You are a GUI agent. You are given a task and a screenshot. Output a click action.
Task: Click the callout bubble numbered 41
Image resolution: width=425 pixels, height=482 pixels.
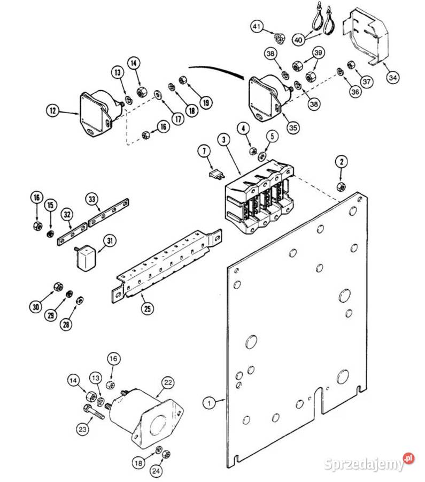257,27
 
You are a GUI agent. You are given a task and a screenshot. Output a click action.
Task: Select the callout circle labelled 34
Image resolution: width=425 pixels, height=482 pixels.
393,78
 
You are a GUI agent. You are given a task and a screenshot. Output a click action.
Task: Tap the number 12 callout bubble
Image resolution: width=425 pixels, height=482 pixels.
53,110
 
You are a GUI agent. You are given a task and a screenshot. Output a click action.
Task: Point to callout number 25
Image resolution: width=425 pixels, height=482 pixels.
148,308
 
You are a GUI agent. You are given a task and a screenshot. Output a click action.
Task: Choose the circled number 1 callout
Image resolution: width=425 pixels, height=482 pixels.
210,403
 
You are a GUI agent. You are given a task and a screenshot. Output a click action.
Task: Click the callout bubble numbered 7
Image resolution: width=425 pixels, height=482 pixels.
204,151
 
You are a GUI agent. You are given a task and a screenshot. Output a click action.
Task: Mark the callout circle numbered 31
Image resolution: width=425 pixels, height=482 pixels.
110,241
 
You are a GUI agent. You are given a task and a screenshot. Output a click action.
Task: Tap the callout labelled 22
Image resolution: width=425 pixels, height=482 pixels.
168,382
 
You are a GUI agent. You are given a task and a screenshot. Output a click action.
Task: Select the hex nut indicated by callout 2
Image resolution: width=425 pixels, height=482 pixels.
341,186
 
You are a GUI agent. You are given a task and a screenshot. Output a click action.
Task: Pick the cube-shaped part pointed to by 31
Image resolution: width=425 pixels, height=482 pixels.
85,258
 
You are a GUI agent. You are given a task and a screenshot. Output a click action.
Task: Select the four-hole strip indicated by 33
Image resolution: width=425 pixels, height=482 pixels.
109,213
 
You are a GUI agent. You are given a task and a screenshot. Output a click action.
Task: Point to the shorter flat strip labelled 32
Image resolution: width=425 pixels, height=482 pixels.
72,234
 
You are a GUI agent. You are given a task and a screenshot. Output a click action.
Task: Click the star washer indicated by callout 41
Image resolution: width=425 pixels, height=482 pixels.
279,39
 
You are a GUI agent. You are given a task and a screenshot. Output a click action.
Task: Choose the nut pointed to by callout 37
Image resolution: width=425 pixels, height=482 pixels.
351,65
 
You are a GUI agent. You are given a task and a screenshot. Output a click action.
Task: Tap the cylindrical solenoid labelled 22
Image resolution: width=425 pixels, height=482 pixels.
144,417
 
